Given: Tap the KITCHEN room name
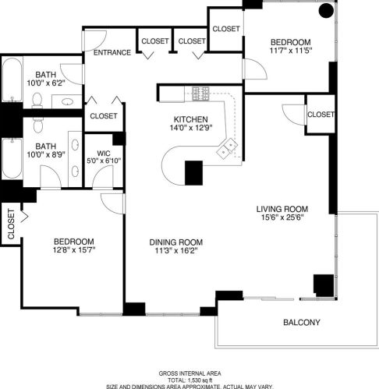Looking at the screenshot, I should (x=189, y=119).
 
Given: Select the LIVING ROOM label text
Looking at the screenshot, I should (x=283, y=209).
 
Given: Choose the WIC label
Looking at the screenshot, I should (x=103, y=153).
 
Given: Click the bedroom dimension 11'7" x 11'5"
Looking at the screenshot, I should (x=291, y=51).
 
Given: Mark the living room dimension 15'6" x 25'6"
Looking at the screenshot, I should (x=283, y=218).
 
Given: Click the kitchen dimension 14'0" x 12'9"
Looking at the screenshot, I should (x=189, y=129).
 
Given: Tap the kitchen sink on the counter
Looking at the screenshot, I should (x=228, y=148).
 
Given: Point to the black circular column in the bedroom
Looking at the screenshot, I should (x=325, y=11).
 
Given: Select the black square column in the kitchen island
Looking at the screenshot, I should (x=193, y=171).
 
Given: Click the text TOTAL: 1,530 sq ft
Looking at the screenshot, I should (x=189, y=378).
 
